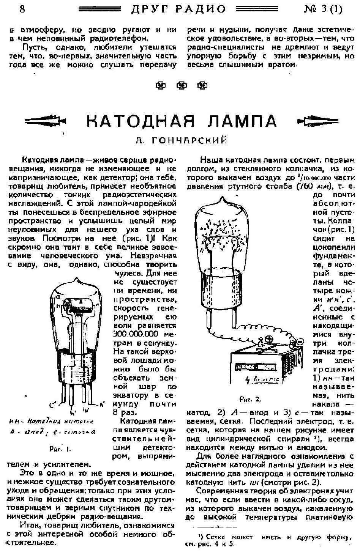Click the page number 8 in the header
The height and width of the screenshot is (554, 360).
pos(22,9)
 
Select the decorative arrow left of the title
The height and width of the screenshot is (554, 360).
pos(45,121)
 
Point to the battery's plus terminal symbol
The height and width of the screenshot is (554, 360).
pos(269,339)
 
